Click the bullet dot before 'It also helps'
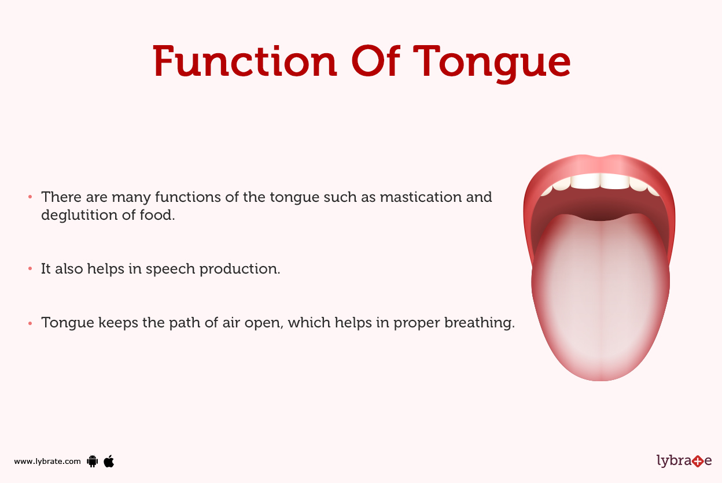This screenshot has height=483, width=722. coord(30,270)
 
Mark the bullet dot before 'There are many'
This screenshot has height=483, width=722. coord(30,197)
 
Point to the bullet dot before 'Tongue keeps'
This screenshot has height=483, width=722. coord(30,323)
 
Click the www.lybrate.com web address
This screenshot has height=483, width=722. coord(47,462)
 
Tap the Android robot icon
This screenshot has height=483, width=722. coord(92,461)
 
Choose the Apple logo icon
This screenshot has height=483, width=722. coord(109,461)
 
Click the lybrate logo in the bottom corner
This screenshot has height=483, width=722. coord(684,461)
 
